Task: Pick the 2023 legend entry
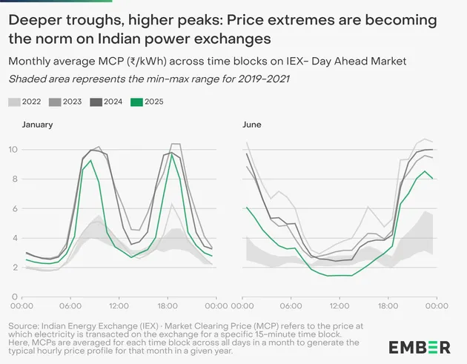click(x=67, y=101)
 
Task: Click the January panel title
click(x=37, y=125)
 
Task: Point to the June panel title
click(x=252, y=125)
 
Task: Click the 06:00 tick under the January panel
click(x=70, y=305)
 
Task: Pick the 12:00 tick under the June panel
click(x=340, y=305)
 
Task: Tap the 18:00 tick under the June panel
click(x=387, y=305)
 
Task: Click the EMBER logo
click(x=419, y=346)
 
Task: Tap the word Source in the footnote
click(x=23, y=326)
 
